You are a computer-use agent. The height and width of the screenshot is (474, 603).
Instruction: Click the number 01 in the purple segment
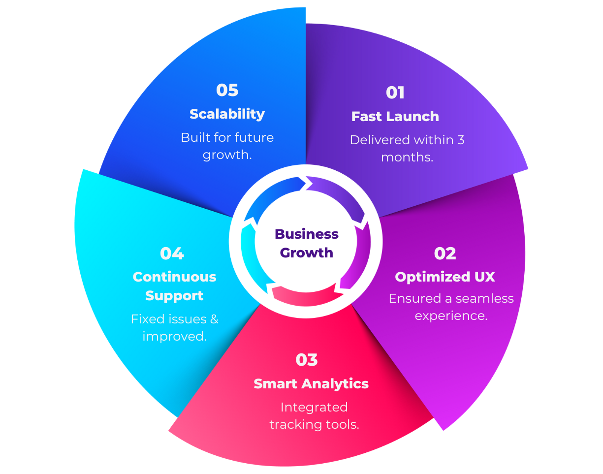(x=395, y=93)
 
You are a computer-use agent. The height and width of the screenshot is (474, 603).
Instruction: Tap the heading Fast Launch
(x=395, y=117)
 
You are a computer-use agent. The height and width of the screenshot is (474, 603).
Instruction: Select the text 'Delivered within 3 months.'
(x=407, y=149)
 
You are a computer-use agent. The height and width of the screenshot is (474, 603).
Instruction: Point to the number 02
(x=445, y=253)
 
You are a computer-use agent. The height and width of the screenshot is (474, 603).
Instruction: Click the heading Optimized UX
(x=444, y=277)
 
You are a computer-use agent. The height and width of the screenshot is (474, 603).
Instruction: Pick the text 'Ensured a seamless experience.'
(x=451, y=307)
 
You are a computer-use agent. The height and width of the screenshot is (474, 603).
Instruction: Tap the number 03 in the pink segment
(x=307, y=360)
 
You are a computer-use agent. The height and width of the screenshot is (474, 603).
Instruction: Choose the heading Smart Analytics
(x=311, y=384)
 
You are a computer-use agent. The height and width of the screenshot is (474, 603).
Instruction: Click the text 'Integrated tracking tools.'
(x=314, y=416)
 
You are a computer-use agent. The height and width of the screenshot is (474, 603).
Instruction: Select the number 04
(x=172, y=253)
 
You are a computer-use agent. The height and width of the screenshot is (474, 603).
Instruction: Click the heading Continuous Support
(x=174, y=286)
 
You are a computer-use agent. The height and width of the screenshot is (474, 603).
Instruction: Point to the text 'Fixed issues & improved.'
(x=174, y=328)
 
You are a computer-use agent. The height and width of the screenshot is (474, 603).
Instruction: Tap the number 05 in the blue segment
(x=227, y=90)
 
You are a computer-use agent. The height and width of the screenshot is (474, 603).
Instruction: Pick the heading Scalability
(x=227, y=114)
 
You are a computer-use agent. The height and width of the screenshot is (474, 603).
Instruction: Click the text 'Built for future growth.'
(x=227, y=146)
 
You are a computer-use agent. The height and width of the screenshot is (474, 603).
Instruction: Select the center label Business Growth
(x=306, y=243)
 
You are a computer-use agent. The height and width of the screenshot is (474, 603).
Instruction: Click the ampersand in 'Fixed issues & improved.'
(x=214, y=319)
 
